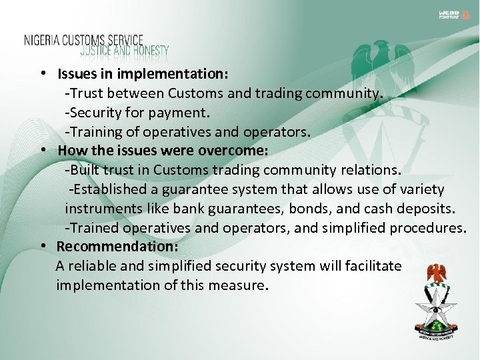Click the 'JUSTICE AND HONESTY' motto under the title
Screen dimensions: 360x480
pos(125,51)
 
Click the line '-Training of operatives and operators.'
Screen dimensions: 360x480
pos(188,132)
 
